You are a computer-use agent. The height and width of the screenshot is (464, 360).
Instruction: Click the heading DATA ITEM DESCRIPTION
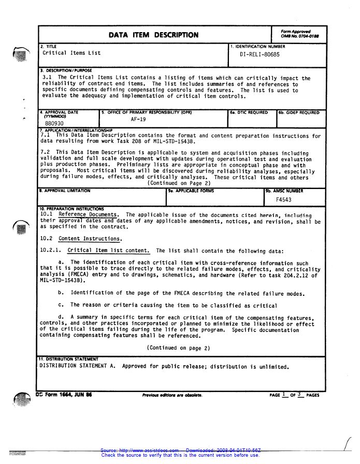[153, 35]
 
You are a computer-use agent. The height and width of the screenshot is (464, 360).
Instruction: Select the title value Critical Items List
[71, 53]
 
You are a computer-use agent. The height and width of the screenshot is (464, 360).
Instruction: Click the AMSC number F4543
[283, 199]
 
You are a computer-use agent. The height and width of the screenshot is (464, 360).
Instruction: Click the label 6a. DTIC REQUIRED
[249, 112]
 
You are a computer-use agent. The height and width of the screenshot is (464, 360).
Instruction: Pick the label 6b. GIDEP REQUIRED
[299, 112]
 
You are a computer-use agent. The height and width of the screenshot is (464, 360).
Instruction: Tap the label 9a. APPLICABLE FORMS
[191, 191]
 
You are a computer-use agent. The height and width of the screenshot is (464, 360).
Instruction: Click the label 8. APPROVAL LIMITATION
[65, 191]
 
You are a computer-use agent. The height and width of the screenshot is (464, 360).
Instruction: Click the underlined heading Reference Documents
[88, 214]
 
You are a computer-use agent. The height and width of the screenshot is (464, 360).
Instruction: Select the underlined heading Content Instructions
[90, 239]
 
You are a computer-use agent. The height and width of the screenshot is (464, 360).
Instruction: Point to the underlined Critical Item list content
[109, 251]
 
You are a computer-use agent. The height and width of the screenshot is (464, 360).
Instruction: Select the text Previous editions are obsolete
[172, 395]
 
